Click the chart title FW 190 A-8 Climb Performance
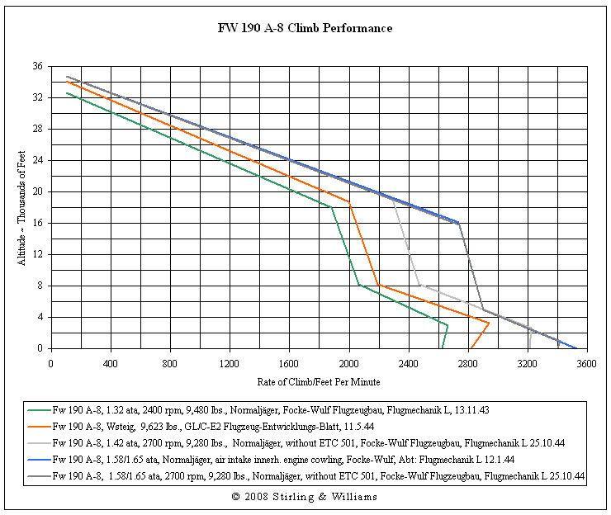tap(305, 28)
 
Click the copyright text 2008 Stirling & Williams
tap(305, 497)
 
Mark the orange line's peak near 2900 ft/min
tap(489, 323)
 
